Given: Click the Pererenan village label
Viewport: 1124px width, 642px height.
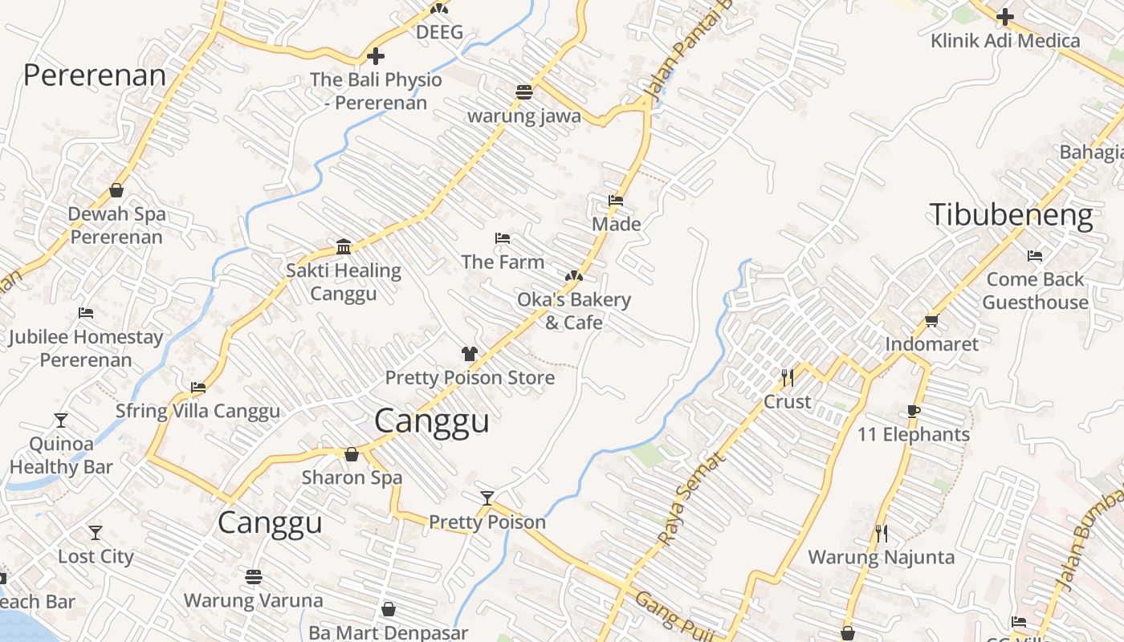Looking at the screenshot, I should [95, 75].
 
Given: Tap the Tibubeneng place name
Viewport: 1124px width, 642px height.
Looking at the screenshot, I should [1011, 216].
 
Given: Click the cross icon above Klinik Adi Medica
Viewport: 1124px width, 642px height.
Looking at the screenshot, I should [1004, 16].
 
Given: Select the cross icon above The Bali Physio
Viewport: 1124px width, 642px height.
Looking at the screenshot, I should [375, 56].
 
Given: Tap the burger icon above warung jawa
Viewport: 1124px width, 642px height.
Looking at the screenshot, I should [524, 91].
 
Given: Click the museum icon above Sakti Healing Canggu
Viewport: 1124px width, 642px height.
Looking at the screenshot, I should [344, 246].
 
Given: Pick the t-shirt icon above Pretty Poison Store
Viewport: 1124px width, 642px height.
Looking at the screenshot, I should [470, 353].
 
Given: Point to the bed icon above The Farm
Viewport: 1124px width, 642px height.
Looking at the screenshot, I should [503, 238].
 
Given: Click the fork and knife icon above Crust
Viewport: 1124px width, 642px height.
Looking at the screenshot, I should [787, 377].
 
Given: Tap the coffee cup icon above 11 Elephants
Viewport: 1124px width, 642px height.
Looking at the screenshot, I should [913, 411].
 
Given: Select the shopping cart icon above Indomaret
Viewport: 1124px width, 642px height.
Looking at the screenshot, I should [931, 321].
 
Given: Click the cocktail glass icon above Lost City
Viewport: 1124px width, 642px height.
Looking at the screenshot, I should [96, 532].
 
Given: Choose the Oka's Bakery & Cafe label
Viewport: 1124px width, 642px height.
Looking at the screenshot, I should [573, 311].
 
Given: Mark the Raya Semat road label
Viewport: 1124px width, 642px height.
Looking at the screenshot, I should [691, 498].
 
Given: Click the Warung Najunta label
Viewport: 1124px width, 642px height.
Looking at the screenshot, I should [881, 557].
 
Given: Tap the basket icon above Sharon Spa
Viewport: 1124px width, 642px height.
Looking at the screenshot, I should [351, 454].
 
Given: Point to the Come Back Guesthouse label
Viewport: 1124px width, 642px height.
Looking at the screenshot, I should [1035, 291].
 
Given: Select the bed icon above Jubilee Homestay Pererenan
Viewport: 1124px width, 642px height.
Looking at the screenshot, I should [86, 313].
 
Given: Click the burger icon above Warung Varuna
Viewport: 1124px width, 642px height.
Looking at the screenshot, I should [254, 576].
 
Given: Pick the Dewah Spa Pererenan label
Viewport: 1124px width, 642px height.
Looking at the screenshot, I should [116, 226].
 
